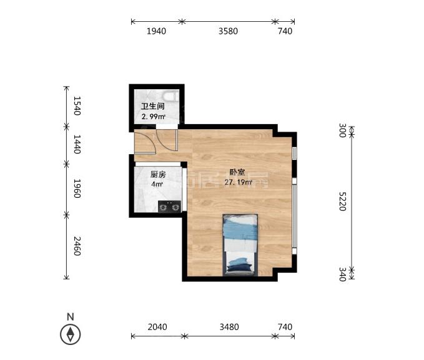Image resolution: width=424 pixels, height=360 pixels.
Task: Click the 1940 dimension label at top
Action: pyautogui.click(x=156, y=31)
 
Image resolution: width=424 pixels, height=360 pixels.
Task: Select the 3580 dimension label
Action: pyautogui.click(x=228, y=31)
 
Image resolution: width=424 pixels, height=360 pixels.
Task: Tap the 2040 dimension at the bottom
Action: pyautogui.click(x=157, y=327)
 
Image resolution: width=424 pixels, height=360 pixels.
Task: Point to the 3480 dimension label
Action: pyautogui.click(x=229, y=327)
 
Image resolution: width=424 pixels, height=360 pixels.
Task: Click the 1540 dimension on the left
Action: pyautogui.click(x=77, y=105)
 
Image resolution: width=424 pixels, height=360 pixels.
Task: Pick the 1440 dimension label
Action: pyautogui.click(x=77, y=144)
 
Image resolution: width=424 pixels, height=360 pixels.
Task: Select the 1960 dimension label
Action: pyautogui.click(x=77, y=188)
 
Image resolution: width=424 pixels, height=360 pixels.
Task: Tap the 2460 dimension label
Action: pyautogui.click(x=77, y=246)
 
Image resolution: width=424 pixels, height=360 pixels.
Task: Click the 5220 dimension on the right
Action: pyautogui.click(x=342, y=202)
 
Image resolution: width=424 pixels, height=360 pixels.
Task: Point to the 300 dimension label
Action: pyautogui.click(x=343, y=130)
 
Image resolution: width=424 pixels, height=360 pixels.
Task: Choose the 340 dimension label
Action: pyautogui.click(x=343, y=275)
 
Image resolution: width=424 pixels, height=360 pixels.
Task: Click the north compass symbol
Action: pyautogui.click(x=71, y=334)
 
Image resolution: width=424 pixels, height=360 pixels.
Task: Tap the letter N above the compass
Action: pyautogui.click(x=71, y=316)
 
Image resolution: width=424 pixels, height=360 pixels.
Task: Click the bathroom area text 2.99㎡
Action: pyautogui.click(x=154, y=117)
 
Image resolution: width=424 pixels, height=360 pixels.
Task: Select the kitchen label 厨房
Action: pyautogui.click(x=158, y=175)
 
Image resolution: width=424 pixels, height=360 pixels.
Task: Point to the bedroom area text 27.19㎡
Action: pyautogui.click(x=239, y=182)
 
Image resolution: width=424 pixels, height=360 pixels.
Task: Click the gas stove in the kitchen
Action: pyautogui.click(x=170, y=207)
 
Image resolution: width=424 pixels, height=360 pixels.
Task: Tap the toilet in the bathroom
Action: pyautogui.click(x=171, y=96)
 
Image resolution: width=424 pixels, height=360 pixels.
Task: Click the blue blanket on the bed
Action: pyautogui.click(x=240, y=229)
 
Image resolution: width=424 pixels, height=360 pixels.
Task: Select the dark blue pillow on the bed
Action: pyautogui.click(x=240, y=267)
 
